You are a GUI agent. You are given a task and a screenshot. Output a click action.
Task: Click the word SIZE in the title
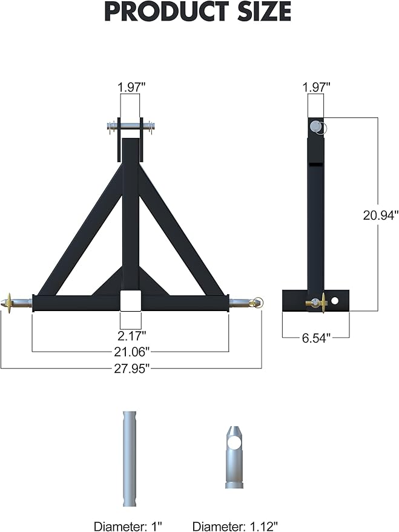pyautogui.click(x=262, y=11)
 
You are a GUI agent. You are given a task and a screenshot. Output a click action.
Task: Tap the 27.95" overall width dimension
pyautogui.click(x=131, y=369)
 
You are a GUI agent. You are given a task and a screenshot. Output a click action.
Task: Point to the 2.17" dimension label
pyautogui.click(x=131, y=334)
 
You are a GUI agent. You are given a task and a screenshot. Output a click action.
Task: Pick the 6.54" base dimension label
pyautogui.click(x=315, y=338)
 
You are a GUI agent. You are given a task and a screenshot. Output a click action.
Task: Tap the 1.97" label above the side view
pyautogui.click(x=315, y=88)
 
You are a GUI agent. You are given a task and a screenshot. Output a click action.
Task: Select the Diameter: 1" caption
pyautogui.click(x=128, y=526)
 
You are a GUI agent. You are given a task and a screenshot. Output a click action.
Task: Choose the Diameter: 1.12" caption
pyautogui.click(x=235, y=526)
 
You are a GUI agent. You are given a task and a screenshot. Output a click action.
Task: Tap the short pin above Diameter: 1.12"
pyautogui.click(x=234, y=457)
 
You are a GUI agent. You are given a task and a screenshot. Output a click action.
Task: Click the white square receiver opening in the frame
pyautogui.click(x=131, y=301)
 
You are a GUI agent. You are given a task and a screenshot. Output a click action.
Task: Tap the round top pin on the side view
pyautogui.click(x=315, y=125)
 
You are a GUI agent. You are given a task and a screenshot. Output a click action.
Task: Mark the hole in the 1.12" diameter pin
pyautogui.click(x=234, y=443)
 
